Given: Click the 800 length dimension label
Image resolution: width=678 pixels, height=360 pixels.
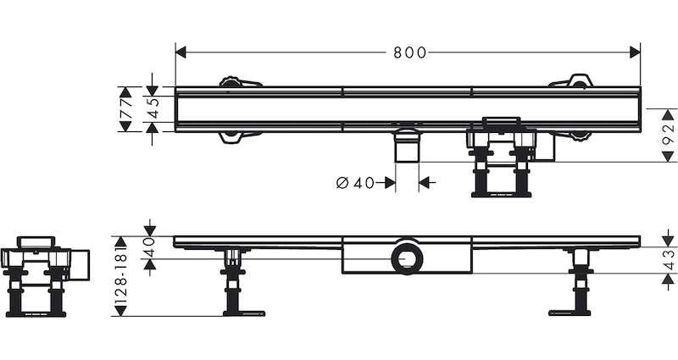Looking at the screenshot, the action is pyautogui.click(x=409, y=53).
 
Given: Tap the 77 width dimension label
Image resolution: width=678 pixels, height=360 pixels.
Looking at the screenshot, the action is pyautogui.click(x=125, y=109).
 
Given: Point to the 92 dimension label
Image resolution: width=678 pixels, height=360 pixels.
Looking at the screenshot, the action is pyautogui.click(x=669, y=136).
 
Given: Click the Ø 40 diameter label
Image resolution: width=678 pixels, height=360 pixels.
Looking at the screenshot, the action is pyautogui.click(x=355, y=183).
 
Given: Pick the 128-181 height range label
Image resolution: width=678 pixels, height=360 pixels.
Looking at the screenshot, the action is pyautogui.click(x=121, y=276).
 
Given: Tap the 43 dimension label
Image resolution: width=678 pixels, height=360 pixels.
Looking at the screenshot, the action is pyautogui.click(x=669, y=260).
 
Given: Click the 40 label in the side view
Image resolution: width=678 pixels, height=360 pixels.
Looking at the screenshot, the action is pyautogui.click(x=149, y=247).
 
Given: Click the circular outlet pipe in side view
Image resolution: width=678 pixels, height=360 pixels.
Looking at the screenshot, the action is pyautogui.click(x=407, y=259).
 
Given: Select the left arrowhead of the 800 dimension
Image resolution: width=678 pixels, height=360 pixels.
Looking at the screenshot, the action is pyautogui.click(x=181, y=53).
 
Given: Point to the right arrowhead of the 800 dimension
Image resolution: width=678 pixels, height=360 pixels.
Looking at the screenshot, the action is pyautogui.click(x=635, y=53).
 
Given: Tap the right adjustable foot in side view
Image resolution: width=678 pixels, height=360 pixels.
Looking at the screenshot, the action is pyautogui.click(x=573, y=282).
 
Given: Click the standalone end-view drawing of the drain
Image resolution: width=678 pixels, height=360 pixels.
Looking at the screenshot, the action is pyautogui.click(x=45, y=277).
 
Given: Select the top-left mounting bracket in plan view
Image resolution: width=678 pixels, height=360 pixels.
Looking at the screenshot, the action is pyautogui.click(x=240, y=82).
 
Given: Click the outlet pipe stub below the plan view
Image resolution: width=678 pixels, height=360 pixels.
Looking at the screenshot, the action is pyautogui.click(x=408, y=146).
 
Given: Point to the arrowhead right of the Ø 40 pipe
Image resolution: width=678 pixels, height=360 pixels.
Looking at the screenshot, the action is pyautogui.click(x=425, y=183).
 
